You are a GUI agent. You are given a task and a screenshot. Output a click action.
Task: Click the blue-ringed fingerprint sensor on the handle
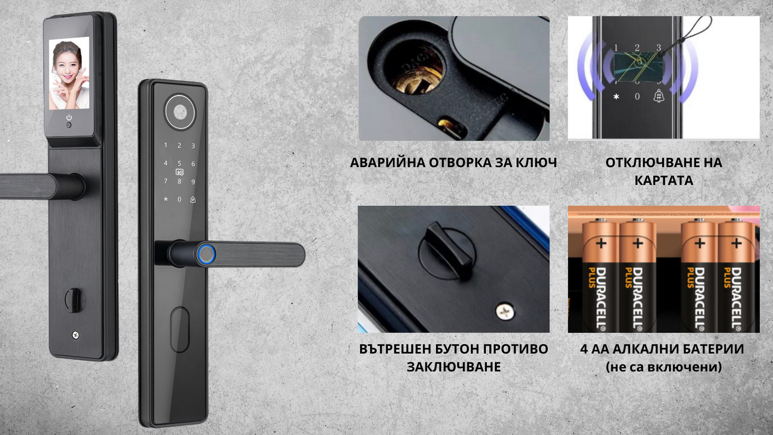point(206,254)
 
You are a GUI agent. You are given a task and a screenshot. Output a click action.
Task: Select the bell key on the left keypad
point(193,199)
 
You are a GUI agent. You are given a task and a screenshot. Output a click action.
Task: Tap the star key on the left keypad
point(166,199)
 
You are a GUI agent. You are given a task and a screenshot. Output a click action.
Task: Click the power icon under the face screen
point(69,118)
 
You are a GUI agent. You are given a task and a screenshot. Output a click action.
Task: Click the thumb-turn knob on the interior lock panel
point(74,300)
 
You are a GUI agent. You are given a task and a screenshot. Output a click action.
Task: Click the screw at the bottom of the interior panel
point(75,335)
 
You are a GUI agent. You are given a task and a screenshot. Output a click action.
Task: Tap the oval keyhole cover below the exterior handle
point(180,330)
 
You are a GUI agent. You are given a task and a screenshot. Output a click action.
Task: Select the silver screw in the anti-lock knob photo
point(505,311)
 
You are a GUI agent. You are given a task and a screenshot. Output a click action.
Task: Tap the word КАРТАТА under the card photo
point(664,181)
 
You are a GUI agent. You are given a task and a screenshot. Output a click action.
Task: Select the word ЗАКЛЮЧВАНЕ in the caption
point(454,367)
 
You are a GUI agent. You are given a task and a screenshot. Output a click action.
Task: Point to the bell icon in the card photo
point(659,96)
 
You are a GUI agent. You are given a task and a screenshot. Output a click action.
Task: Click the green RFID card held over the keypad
point(638,67)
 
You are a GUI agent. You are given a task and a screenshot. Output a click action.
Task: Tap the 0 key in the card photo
point(637,97)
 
